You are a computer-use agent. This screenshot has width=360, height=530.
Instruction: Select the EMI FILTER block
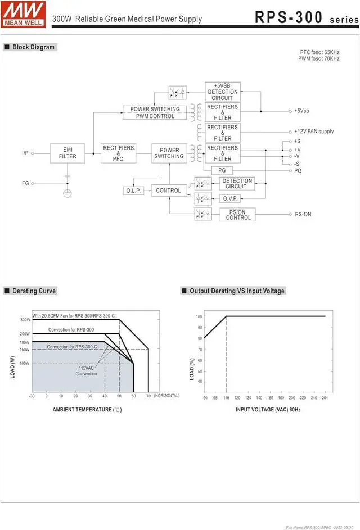pos(67,153)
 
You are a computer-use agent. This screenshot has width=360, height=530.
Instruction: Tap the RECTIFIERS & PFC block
pos(118,153)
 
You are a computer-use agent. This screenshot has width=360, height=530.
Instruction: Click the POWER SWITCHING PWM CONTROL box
pos(155,112)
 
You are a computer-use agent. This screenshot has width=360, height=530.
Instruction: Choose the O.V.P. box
pos(229,198)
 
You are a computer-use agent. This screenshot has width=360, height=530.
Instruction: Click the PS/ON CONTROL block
pos(238,214)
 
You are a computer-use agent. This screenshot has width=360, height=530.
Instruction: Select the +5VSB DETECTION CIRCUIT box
pos(222,92)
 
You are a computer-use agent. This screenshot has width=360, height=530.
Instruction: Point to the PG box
pos(222,170)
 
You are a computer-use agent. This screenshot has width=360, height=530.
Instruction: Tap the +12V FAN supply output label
pos(313,132)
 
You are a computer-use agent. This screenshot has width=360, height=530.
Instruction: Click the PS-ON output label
pos(303,214)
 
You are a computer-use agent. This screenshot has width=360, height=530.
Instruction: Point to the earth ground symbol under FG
pos(67,193)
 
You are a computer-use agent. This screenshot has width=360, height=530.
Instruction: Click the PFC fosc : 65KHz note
pos(319,52)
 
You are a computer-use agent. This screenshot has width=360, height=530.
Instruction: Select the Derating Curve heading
pos(34,291)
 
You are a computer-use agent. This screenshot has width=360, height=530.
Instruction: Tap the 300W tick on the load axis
pos(25,320)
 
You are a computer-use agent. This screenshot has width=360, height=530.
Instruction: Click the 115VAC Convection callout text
pos(87,371)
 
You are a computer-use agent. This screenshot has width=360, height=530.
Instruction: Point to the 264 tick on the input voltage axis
pos(325,398)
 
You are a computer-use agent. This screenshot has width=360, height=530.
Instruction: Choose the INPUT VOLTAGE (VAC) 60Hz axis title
pos(268,410)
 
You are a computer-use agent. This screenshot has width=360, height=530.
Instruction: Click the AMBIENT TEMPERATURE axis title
pos(87,410)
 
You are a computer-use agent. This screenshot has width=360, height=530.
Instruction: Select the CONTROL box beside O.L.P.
pos(169,191)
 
